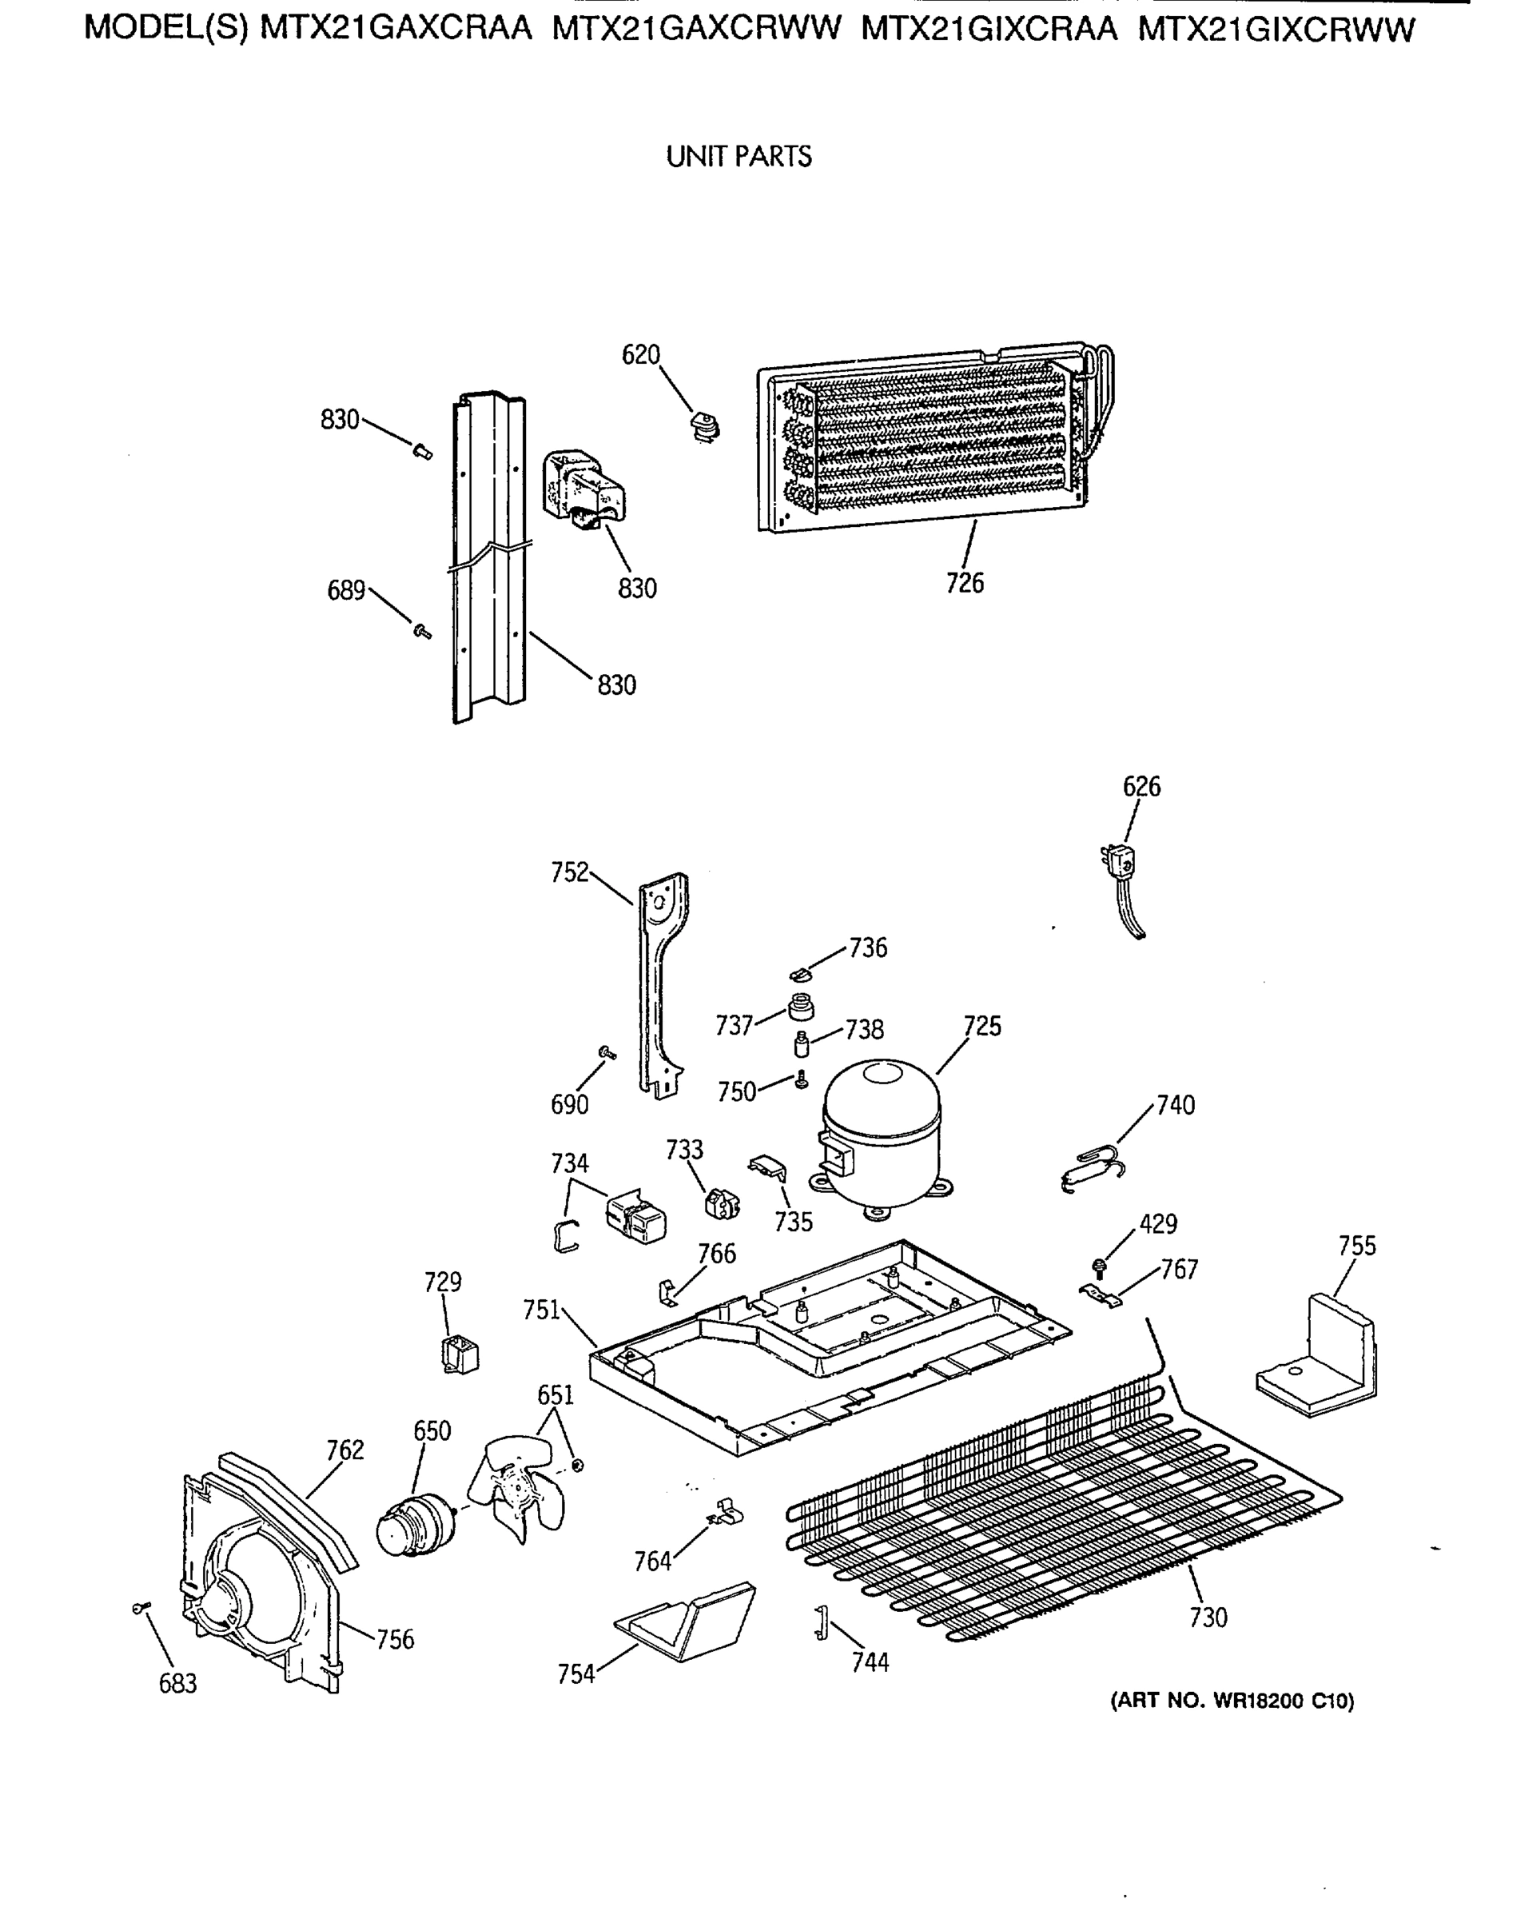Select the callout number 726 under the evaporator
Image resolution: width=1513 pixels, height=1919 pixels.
click(965, 583)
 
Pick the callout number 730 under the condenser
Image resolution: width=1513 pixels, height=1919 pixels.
click(1208, 1618)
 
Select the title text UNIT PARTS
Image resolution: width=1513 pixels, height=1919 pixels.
click(739, 157)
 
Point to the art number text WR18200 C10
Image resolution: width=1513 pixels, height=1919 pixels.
click(1232, 1700)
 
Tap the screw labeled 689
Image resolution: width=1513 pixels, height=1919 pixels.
click(422, 631)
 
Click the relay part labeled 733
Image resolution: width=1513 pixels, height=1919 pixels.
click(721, 1203)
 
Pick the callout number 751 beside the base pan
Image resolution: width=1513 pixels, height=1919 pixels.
click(541, 1309)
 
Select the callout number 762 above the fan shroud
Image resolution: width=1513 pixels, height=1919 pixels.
click(344, 1450)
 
